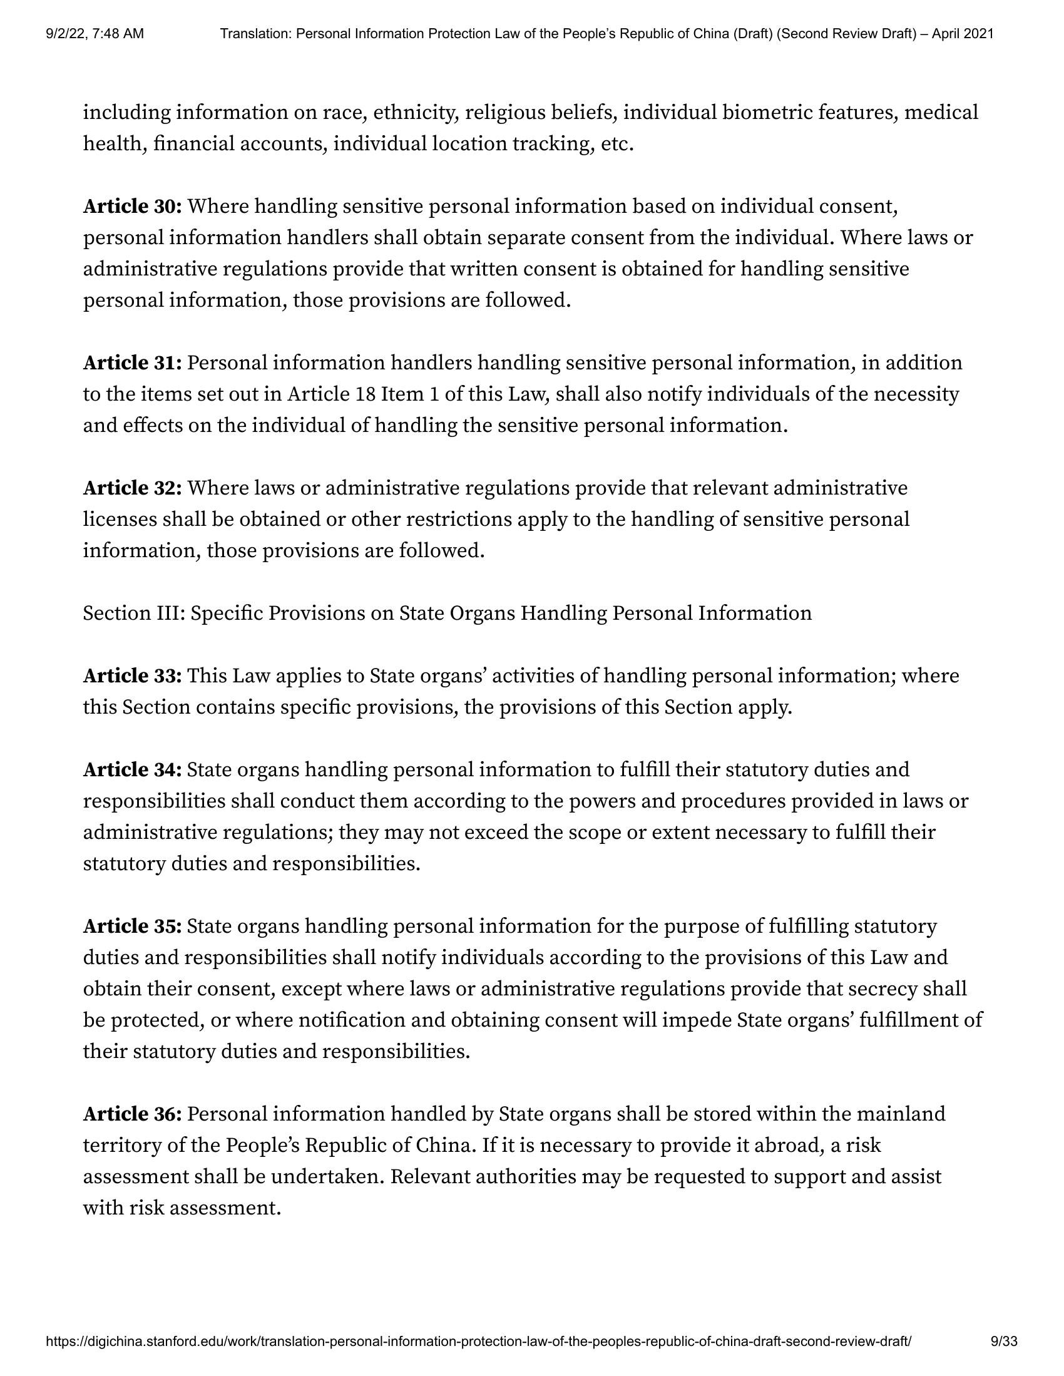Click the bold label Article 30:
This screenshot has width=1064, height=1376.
click(132, 206)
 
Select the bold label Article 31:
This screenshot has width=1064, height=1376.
click(132, 363)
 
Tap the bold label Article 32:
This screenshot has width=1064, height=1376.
click(132, 488)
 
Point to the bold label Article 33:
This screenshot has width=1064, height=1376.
click(132, 675)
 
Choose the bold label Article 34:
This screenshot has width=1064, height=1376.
click(132, 769)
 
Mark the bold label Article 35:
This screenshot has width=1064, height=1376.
click(132, 926)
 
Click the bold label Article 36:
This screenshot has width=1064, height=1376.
click(132, 1114)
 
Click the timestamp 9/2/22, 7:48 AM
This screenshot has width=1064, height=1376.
click(95, 34)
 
